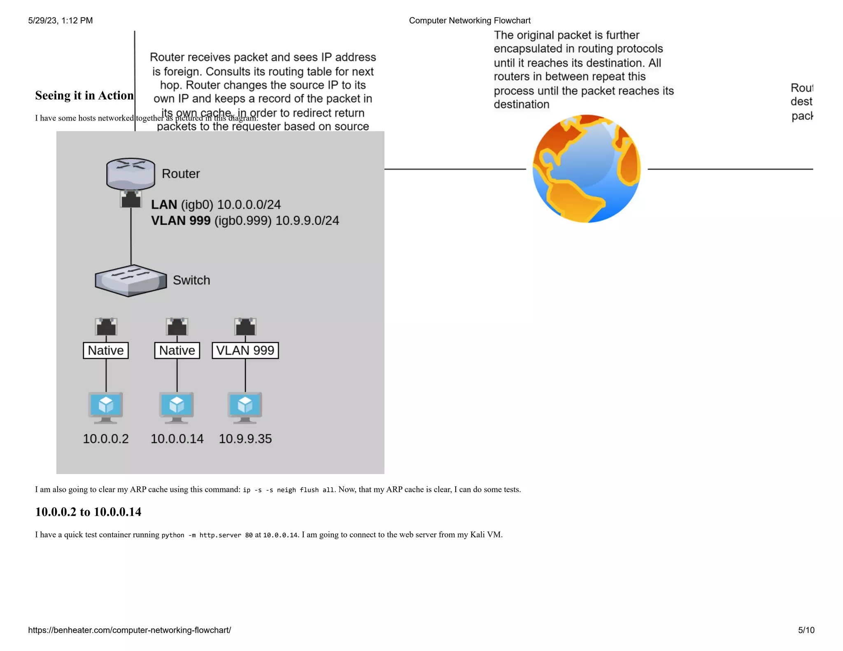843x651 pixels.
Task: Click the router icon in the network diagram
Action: [x=130, y=173]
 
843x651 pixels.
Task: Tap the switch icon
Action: [x=130, y=280]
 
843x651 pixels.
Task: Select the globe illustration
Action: [x=587, y=169]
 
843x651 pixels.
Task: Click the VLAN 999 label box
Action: [x=245, y=351]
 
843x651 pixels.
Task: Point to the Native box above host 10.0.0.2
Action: [x=106, y=351]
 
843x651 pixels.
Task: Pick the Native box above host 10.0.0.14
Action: [x=177, y=351]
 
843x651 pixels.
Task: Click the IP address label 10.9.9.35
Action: [x=245, y=439]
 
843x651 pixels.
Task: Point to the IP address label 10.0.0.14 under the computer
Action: [x=177, y=439]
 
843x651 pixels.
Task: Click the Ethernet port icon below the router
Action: [x=131, y=199]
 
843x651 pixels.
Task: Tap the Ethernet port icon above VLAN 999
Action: [x=245, y=327]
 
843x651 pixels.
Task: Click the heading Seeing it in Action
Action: [x=84, y=95]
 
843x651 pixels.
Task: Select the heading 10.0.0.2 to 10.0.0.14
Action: [x=88, y=512]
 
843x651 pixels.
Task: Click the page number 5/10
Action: [x=806, y=630]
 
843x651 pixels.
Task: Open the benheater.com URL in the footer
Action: [x=130, y=630]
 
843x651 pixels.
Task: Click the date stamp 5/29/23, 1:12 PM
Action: [x=61, y=21]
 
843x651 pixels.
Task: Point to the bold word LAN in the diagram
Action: [x=164, y=205]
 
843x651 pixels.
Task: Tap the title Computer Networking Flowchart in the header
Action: [x=470, y=21]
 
